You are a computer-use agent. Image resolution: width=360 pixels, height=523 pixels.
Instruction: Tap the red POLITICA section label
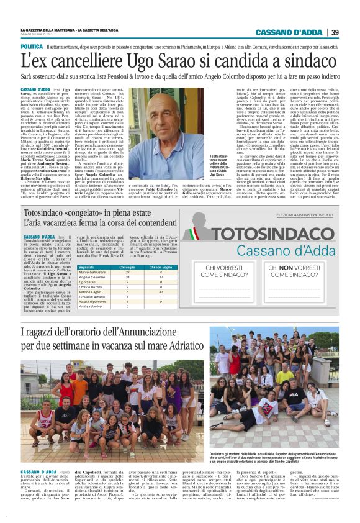[32, 47]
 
